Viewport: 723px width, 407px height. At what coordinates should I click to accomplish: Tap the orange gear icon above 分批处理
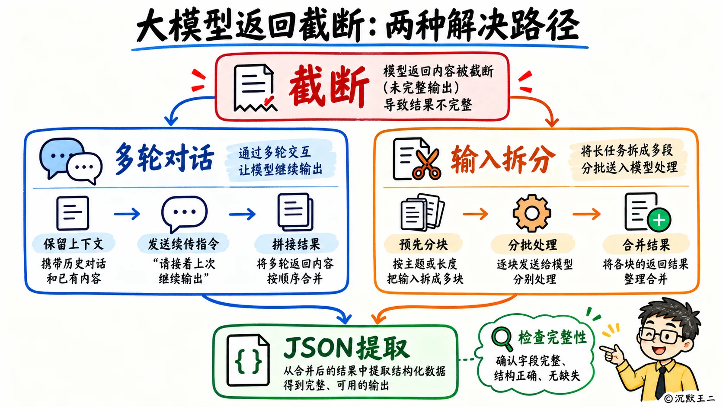click(531, 213)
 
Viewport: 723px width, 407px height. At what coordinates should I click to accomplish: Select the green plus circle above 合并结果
click(659, 220)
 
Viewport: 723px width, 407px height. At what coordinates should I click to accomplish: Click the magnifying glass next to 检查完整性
click(502, 339)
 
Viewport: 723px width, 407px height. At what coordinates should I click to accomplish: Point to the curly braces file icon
click(248, 360)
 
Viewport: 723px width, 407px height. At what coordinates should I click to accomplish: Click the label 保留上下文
click(74, 244)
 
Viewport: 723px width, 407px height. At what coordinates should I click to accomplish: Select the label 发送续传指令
click(183, 244)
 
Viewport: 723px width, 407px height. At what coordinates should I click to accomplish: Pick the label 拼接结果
click(296, 244)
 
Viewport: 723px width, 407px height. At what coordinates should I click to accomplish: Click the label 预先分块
click(423, 244)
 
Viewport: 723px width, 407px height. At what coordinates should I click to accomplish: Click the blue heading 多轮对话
click(164, 158)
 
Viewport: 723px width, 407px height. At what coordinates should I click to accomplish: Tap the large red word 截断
click(329, 86)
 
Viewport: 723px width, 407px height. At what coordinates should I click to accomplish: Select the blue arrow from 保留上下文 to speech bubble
click(127, 213)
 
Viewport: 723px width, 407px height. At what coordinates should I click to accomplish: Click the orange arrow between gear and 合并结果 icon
click(586, 214)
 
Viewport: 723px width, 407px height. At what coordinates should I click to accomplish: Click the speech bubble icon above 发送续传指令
click(184, 214)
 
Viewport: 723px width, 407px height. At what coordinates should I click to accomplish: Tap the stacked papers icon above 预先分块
click(422, 212)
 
